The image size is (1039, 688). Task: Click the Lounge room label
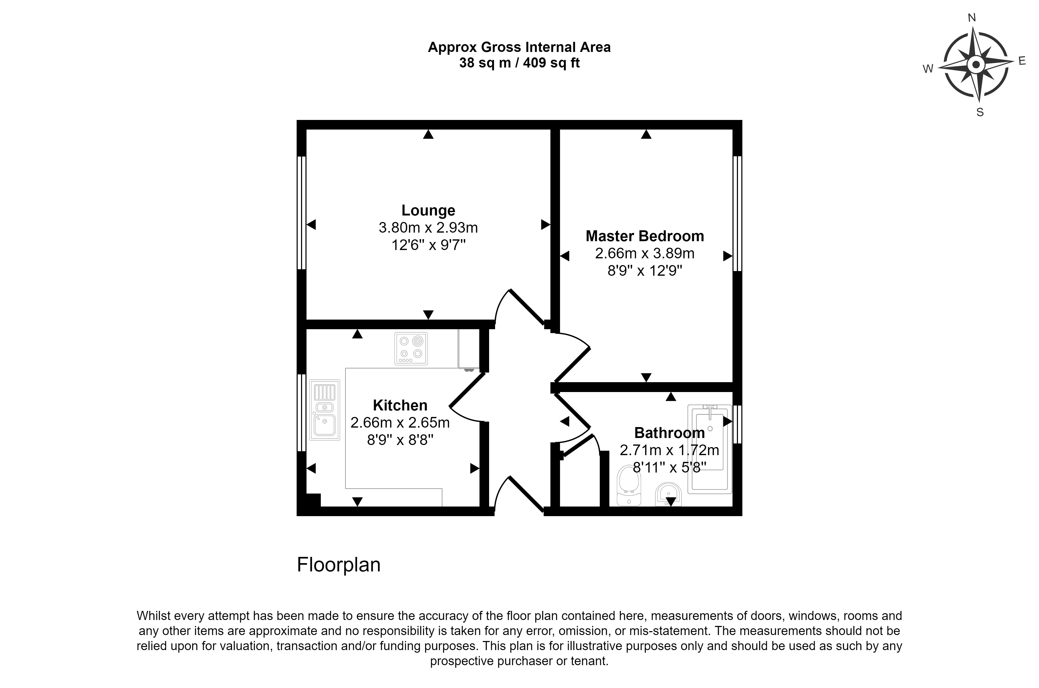click(x=428, y=211)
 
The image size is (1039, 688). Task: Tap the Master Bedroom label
click(x=644, y=236)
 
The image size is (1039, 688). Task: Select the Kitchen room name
click(x=400, y=405)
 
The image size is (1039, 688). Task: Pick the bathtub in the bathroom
click(x=709, y=449)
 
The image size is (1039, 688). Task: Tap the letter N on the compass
click(x=972, y=30)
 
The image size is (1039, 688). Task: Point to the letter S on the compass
click(x=980, y=112)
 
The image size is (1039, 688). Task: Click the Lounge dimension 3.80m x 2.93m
click(x=428, y=228)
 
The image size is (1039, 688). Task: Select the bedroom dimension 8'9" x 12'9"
click(x=644, y=271)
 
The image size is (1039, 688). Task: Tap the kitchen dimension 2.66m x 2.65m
click(x=400, y=423)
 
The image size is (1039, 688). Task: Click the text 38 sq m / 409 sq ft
click(x=519, y=63)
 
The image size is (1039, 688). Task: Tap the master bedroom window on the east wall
click(x=737, y=214)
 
